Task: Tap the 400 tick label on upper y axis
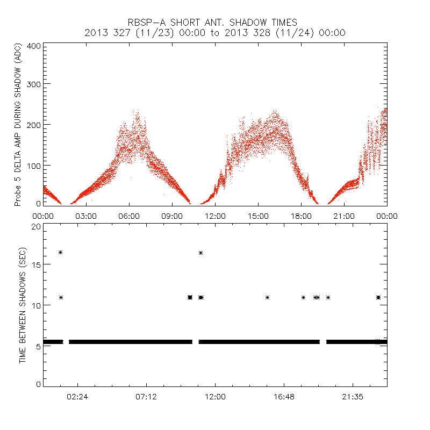34,46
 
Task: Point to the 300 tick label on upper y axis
34,84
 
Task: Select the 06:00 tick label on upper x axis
129,216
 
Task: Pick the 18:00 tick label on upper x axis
301,216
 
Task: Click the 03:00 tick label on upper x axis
86,216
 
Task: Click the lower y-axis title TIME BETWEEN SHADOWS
23,304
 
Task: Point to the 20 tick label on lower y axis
36,226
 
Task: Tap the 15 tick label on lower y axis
36,264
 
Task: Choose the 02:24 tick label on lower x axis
77,397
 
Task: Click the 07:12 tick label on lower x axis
146,397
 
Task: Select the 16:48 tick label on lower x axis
284,397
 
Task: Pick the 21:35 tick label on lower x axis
353,397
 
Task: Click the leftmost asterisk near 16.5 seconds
61,252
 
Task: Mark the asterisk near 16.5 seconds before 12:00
200,253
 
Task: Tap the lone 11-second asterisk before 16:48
267,297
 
